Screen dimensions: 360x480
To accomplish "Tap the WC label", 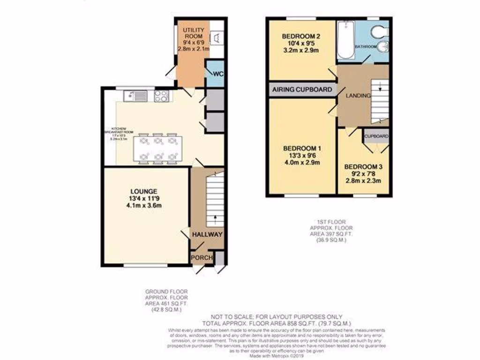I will tap(217, 74).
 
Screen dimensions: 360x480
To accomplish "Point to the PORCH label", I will tap(202, 258).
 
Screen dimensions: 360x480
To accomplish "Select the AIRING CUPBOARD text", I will tap(302, 90).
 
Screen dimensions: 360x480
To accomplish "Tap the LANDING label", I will tap(358, 96).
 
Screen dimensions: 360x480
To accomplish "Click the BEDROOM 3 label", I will tap(363, 166).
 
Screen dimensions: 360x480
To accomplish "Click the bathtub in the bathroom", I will tap(345, 42).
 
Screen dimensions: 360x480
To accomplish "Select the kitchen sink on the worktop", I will tap(135, 96).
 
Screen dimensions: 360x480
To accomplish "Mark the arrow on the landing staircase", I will tap(380, 88).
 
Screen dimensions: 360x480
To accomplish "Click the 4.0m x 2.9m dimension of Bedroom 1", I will tap(301, 163).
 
